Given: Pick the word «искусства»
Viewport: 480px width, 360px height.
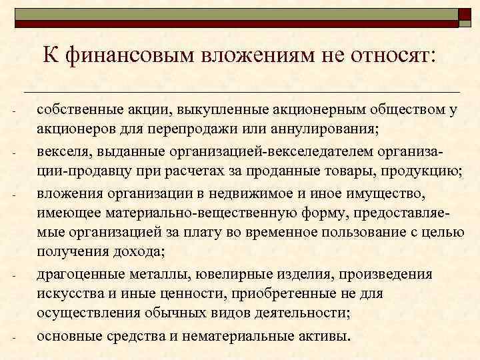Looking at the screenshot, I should click(x=69, y=291).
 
